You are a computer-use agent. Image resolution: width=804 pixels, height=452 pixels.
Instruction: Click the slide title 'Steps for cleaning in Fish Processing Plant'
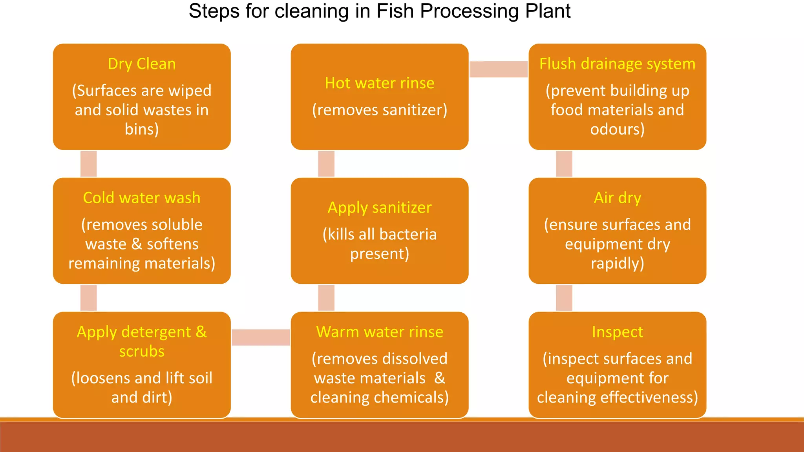pyautogui.click(x=379, y=11)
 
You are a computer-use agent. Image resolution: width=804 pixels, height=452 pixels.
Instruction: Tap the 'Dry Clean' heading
pyautogui.click(x=142, y=64)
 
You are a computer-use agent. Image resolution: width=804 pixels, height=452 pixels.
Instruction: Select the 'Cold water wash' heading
pyautogui.click(x=142, y=198)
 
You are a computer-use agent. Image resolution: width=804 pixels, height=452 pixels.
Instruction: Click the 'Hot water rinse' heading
pyautogui.click(x=380, y=83)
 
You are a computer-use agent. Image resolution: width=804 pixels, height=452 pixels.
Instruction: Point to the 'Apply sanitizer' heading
pyautogui.click(x=380, y=208)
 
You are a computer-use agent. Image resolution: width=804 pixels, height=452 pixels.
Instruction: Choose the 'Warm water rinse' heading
pyautogui.click(x=380, y=332)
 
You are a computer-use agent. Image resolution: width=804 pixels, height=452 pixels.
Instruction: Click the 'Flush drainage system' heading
pyautogui.click(x=617, y=64)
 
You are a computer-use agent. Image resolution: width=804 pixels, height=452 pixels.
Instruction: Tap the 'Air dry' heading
pyautogui.click(x=617, y=198)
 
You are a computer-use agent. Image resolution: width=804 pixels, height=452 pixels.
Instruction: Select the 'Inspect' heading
pyautogui.click(x=617, y=332)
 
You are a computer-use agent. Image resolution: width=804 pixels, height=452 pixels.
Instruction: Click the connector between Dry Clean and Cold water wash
pyautogui.click(x=89, y=164)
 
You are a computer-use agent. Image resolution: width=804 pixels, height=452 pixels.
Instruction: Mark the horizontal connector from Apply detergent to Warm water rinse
pyautogui.click(x=261, y=337)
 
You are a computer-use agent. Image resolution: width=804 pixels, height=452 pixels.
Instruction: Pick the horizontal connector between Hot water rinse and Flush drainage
pyautogui.click(x=499, y=69)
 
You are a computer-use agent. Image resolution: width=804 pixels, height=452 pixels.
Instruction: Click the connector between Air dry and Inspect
pyautogui.click(x=564, y=298)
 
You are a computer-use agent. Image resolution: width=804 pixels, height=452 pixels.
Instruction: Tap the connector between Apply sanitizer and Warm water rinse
pyautogui.click(x=326, y=298)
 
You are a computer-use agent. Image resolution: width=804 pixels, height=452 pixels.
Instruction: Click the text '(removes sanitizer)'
pyautogui.click(x=380, y=110)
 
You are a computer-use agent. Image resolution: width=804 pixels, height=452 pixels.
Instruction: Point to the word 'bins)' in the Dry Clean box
pyautogui.click(x=142, y=129)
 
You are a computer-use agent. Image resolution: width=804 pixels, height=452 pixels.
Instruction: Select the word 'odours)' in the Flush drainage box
pyautogui.click(x=617, y=129)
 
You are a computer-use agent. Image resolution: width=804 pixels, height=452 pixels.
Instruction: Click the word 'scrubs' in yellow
pyautogui.click(x=142, y=351)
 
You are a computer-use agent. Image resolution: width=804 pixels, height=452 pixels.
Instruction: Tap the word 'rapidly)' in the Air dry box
pyautogui.click(x=617, y=263)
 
